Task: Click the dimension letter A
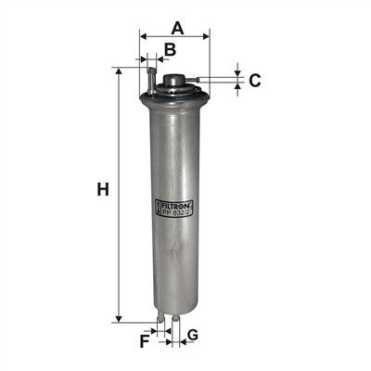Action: click(x=178, y=28)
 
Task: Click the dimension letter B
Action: click(x=170, y=49)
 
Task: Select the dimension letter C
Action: click(x=255, y=81)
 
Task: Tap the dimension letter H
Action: click(x=103, y=189)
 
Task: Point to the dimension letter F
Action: click(x=145, y=341)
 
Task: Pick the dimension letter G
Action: click(x=193, y=335)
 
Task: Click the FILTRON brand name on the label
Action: click(x=175, y=204)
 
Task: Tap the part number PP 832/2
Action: click(x=176, y=211)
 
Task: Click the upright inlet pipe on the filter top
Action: click(x=151, y=82)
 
